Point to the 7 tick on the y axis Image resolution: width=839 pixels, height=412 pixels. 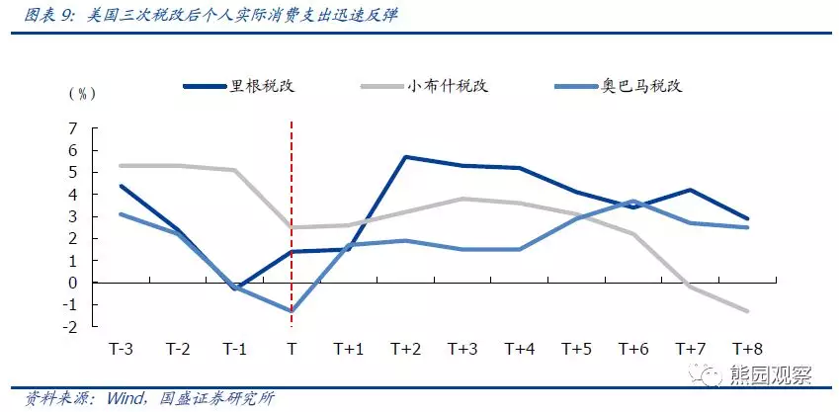click(72, 128)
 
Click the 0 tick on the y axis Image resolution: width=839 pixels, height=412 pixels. click(72, 283)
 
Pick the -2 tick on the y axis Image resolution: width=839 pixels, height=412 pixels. click(70, 326)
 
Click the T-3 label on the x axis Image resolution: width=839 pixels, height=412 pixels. click(121, 349)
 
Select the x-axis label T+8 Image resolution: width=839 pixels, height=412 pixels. click(748, 349)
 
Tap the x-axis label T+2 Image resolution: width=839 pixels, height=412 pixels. click(405, 349)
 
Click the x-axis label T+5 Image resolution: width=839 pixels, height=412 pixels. click(577, 349)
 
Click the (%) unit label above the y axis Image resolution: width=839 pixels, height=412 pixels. click(82, 94)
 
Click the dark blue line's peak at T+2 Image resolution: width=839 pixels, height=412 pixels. click(405, 157)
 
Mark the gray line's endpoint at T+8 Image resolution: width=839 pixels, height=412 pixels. click(748, 311)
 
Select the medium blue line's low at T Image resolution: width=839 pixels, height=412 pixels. click(292, 311)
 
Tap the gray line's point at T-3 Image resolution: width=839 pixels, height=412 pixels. click(121, 165)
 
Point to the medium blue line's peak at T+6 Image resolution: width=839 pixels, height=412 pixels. click(633, 201)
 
